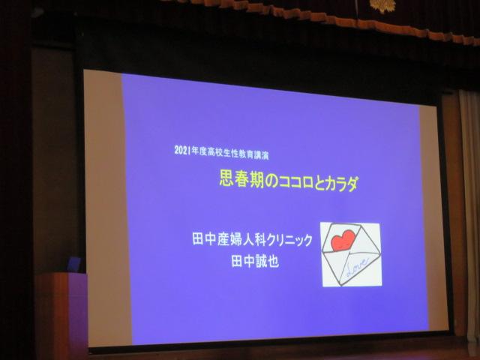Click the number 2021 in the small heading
(x=182, y=150)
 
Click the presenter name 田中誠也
(x=255, y=262)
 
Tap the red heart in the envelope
(x=343, y=241)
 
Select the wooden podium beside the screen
(x=61, y=315)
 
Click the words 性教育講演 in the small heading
(x=250, y=154)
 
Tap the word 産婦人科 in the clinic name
(x=241, y=239)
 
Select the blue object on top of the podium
(x=75, y=265)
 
